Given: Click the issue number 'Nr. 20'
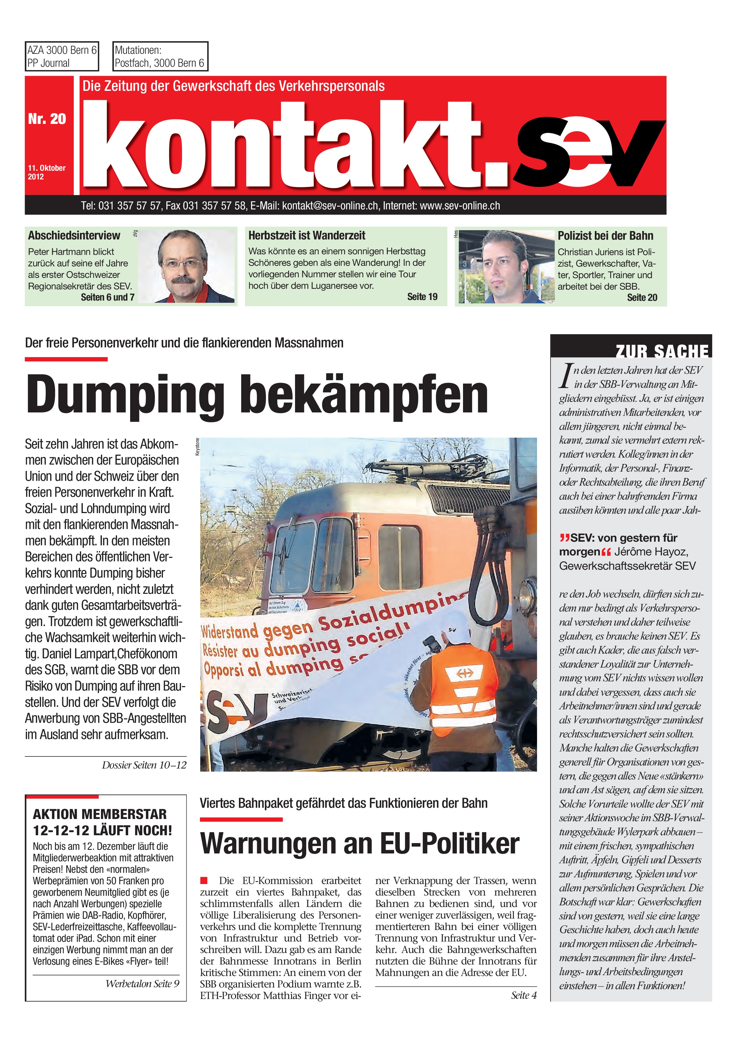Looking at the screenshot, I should tap(47, 119).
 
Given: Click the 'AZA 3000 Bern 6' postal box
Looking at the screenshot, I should tap(62, 56).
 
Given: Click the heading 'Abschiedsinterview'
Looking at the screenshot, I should tap(74, 235).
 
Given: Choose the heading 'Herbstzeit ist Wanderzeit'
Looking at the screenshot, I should tap(307, 235).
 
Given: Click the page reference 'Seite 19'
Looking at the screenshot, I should tap(422, 297).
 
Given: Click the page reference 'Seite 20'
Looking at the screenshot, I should tap(642, 297).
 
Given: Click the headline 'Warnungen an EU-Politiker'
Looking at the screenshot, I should tap(360, 844).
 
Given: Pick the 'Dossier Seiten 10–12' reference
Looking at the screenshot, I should tap(144, 765).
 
